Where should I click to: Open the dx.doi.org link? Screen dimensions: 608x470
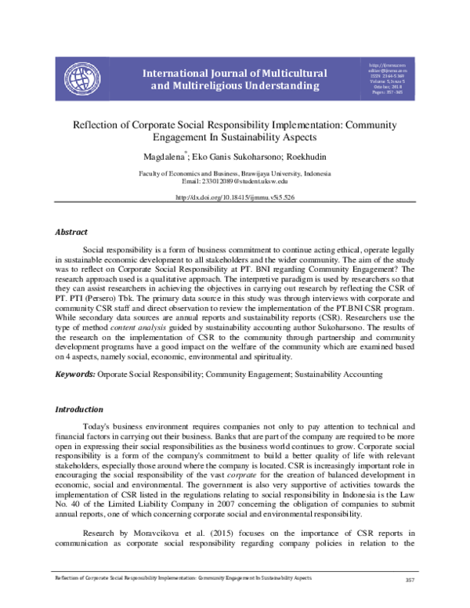tap(235, 198)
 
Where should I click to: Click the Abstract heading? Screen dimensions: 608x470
tap(70, 232)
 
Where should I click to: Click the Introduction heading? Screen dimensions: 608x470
tap(79, 409)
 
